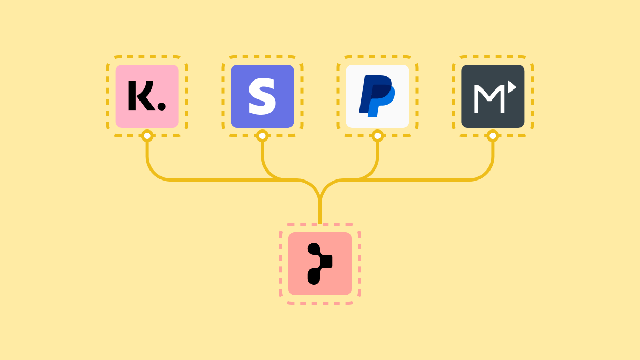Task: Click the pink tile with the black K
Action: (147, 96)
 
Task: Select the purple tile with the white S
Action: (262, 96)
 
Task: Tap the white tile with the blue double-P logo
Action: (377, 96)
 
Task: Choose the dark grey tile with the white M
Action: (493, 96)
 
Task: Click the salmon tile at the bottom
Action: (320, 264)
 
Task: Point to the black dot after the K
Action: (162, 106)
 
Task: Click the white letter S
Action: (262, 96)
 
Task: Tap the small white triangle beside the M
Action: (512, 87)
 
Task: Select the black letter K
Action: (142, 95)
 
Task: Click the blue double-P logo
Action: (377, 96)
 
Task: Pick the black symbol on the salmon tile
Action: (319, 264)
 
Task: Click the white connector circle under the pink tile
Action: (147, 136)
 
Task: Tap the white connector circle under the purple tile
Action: (262, 136)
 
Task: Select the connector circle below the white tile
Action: (377, 136)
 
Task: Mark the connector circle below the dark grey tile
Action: (493, 136)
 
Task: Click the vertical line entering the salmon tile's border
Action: (320, 212)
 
